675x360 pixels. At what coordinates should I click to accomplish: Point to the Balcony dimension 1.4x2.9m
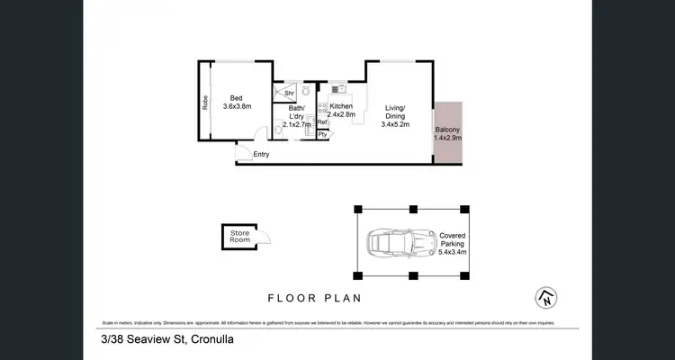[447, 138]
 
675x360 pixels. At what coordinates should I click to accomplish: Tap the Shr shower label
[289, 93]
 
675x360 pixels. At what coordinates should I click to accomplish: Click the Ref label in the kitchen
[321, 122]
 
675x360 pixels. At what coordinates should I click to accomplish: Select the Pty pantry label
[321, 134]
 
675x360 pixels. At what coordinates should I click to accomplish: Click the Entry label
[261, 154]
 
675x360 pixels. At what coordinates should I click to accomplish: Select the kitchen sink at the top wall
[338, 88]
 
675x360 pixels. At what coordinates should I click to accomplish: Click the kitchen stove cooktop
[321, 107]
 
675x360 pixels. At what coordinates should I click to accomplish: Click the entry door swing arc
[258, 136]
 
